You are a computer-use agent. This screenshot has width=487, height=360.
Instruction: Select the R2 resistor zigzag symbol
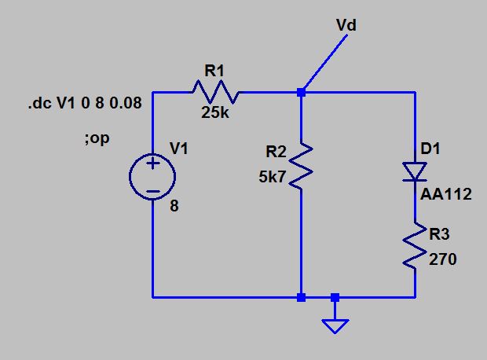pos(302,166)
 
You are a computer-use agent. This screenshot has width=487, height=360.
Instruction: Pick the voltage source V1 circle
pos(152,176)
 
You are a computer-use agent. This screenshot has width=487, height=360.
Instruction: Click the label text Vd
pos(346,25)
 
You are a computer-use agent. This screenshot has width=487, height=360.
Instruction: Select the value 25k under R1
pos(215,112)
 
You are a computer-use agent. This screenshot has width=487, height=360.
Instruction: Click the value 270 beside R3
pos(443,259)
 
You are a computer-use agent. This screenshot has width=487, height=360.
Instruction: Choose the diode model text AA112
pos(446,193)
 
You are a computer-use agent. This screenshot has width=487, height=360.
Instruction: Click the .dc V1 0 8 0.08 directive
pos(86,104)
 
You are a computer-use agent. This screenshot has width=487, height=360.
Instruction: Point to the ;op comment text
pos(96,138)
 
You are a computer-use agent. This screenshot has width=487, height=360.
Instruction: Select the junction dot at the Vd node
pos(302,92)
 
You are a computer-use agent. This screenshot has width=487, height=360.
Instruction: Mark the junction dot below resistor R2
pos(302,298)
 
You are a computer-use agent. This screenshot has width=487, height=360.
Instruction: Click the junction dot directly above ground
pos(335,298)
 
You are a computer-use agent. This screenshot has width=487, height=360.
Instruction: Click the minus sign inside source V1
pos(152,190)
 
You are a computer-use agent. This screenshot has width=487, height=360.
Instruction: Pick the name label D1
pos(430,149)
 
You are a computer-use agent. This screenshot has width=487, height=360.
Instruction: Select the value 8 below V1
pos(174,208)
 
